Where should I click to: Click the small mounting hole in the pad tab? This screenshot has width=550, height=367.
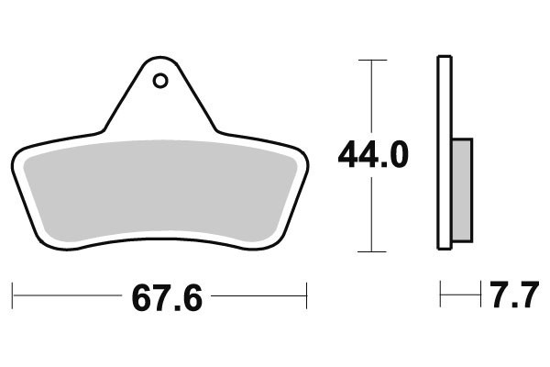[160, 81]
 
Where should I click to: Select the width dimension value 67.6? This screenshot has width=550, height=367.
[166, 298]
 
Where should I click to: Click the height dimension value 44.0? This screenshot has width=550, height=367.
[372, 156]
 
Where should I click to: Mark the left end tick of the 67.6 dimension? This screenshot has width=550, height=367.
[13, 296]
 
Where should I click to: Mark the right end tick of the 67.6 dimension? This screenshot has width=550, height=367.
[306, 296]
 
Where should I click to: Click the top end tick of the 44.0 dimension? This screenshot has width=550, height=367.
[371, 60]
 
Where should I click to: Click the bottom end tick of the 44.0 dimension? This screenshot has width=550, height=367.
[371, 250]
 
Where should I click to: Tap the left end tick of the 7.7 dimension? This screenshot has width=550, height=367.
[441, 295]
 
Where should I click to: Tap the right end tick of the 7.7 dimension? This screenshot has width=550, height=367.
[480, 295]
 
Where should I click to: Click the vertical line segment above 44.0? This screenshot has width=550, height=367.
[371, 96]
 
